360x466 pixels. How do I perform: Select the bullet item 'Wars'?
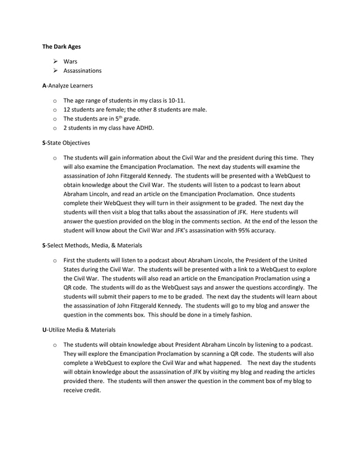tap(71, 61)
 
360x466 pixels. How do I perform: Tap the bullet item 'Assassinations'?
tap(82, 71)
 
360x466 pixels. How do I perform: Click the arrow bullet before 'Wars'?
tap(55, 61)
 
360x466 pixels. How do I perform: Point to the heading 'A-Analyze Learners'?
tap(68, 86)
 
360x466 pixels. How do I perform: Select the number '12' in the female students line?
tap(67, 109)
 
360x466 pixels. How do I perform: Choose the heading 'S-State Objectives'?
tap(65, 143)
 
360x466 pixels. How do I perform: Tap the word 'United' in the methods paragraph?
tap(297, 260)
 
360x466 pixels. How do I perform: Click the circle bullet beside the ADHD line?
tap(54, 128)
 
